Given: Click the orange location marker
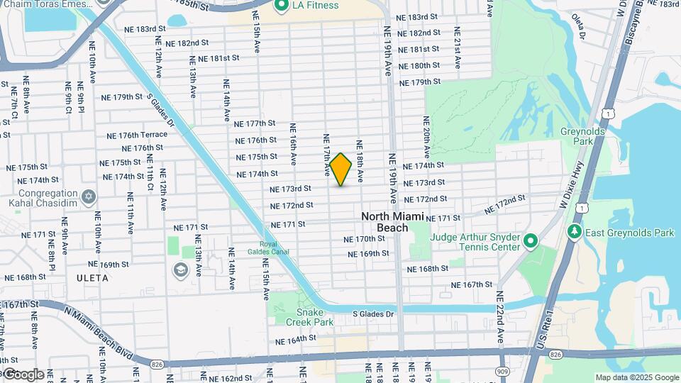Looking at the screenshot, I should click(341, 170).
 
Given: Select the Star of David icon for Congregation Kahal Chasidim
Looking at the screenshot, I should click(88, 196).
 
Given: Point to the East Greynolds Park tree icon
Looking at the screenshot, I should click(573, 233).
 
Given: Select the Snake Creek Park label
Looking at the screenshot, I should click(304, 317).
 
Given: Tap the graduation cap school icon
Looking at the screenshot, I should click(180, 270).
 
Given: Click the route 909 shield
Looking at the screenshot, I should click(503, 371).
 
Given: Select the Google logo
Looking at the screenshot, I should click(24, 374).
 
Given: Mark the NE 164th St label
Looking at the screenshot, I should click(297, 339).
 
